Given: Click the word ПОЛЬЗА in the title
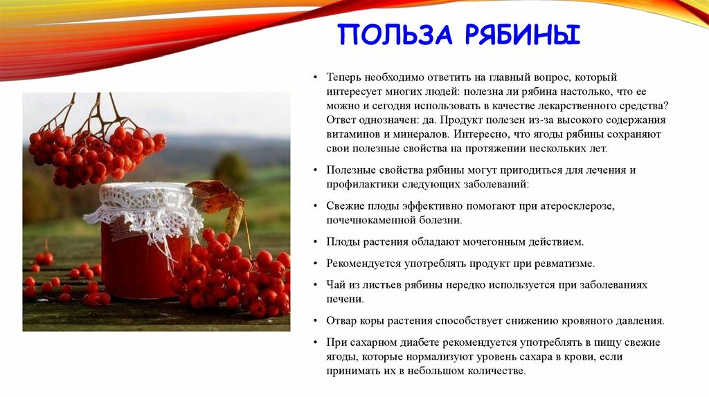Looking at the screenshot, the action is [x=395, y=35].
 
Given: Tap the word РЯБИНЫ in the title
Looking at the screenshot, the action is [x=522, y=35].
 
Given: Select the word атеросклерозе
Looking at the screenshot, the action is [x=581, y=206].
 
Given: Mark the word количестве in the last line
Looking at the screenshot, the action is [x=499, y=371].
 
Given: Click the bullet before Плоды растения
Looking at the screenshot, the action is [x=315, y=242].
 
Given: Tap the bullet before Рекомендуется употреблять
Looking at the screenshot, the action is [x=315, y=264].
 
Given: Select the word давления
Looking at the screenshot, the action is [x=642, y=321].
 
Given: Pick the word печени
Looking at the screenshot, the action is [x=345, y=299].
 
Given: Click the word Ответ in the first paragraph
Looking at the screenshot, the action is [x=341, y=120].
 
